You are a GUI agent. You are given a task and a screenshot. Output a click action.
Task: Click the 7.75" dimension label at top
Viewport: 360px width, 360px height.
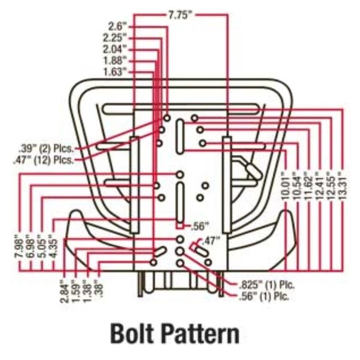click(180, 15)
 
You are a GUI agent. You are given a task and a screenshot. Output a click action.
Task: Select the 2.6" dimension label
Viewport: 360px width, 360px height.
click(118, 27)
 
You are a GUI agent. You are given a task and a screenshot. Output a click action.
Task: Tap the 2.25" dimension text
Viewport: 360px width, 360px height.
click(115, 37)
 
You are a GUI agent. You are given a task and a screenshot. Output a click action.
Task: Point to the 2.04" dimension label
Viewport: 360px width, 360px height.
click(115, 49)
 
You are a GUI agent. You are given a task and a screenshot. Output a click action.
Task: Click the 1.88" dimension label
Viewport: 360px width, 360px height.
click(115, 60)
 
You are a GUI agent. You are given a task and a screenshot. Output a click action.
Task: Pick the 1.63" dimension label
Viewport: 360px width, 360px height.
click(115, 72)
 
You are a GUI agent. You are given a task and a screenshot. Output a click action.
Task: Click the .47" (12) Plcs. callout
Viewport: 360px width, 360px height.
click(44, 159)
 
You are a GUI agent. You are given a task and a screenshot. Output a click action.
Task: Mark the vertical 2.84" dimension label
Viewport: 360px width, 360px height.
click(65, 291)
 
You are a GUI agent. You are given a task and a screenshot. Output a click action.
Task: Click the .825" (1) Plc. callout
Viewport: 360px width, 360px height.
click(262, 285)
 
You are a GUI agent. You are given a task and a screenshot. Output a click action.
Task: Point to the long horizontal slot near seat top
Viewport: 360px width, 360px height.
click(180, 108)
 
